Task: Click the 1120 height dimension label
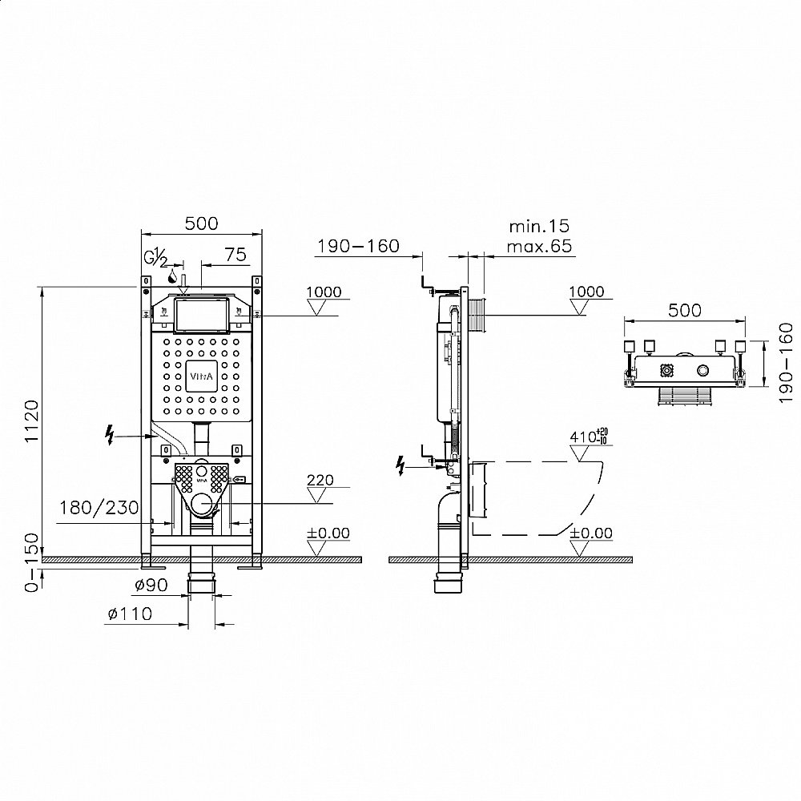32,421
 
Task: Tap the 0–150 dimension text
32,562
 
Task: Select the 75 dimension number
235,255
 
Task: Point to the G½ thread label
156,257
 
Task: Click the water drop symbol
173,276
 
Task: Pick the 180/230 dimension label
99,508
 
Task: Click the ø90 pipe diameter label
151,585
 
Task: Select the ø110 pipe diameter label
130,614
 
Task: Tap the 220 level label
320,480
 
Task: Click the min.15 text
539,226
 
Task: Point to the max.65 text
539,246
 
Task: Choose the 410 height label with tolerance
589,436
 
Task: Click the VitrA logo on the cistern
202,376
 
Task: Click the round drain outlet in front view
203,503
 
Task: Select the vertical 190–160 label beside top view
787,362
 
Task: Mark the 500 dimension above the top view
685,310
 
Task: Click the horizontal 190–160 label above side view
358,246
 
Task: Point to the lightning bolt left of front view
109,435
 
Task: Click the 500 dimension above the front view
201,223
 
